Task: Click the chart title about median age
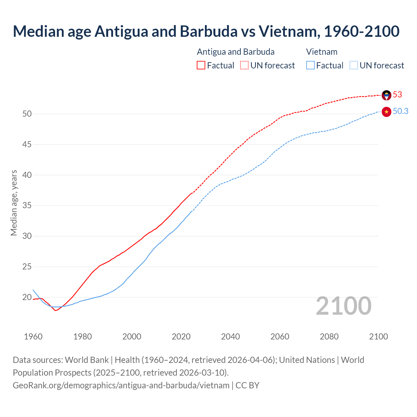click(206, 31)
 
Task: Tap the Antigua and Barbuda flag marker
click(386, 95)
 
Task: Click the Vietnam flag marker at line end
click(386, 112)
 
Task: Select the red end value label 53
click(397, 95)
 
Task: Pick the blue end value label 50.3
click(400, 111)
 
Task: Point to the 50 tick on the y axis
click(27, 114)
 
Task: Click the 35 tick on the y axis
click(27, 206)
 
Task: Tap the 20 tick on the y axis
click(27, 297)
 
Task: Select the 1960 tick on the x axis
click(33, 337)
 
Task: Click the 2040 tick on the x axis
click(230, 337)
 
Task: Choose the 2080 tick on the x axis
click(329, 337)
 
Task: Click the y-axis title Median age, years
click(14, 203)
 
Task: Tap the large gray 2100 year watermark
click(343, 306)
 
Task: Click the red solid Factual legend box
click(201, 65)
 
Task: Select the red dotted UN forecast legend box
click(244, 65)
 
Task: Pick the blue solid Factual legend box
click(310, 65)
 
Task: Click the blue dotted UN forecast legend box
click(353, 65)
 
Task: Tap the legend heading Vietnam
click(322, 52)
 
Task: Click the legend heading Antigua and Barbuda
click(236, 52)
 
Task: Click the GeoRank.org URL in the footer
click(121, 385)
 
